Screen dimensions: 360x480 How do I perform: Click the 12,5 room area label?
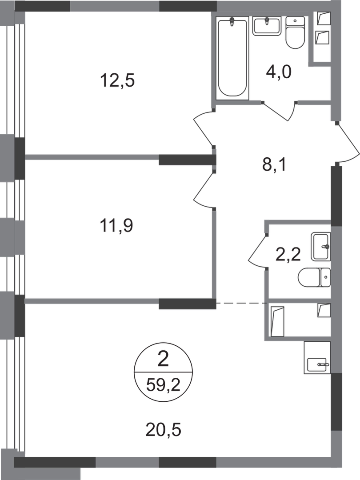[117, 81]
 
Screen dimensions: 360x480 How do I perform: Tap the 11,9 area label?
[116, 226]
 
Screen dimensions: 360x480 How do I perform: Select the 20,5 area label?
[163, 430]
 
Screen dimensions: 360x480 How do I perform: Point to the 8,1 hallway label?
[274, 165]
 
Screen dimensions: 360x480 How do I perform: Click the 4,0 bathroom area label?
[279, 73]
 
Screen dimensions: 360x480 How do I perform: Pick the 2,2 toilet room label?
[288, 255]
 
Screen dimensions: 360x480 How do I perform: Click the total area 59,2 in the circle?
[163, 385]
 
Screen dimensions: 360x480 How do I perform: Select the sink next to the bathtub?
[267, 26]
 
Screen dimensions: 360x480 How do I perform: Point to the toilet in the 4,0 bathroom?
[295, 32]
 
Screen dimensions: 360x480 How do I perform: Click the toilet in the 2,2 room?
[314, 277]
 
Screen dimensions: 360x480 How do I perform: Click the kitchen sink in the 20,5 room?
[317, 357]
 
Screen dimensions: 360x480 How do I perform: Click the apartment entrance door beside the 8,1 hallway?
[348, 144]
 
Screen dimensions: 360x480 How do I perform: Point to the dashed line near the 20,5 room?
[240, 303]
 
